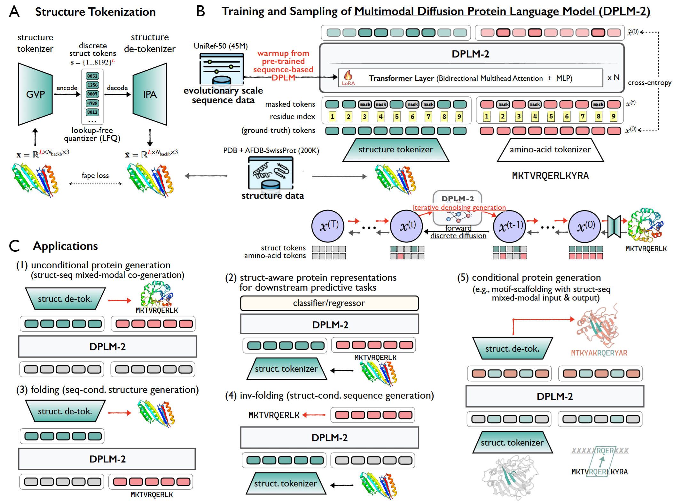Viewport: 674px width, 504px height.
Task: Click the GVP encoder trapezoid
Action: point(35,94)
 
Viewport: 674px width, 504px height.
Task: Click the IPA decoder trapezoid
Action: point(150,94)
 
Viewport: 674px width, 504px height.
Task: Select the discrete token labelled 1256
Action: point(92,85)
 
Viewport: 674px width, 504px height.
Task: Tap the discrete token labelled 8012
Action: point(92,112)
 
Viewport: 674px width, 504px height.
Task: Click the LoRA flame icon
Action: point(348,76)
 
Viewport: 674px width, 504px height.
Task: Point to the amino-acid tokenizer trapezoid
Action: point(550,150)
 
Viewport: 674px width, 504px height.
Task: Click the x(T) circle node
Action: point(328,226)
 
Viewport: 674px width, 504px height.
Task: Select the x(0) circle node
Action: point(585,226)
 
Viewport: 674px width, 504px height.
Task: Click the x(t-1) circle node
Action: point(510,226)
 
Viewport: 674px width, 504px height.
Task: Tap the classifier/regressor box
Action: point(329,303)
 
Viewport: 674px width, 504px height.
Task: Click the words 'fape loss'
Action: point(95,175)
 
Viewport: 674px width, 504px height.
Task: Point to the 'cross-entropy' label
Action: point(649,83)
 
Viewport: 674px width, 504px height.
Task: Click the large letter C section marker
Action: point(14,246)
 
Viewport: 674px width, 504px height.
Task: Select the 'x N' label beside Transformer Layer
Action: point(613,78)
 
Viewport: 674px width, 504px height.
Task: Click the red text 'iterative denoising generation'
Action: point(459,208)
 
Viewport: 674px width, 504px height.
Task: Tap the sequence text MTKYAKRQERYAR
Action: point(599,353)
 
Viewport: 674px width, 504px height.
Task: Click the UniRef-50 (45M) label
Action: point(221,46)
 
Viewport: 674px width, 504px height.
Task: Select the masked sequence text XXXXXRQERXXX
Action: point(600,451)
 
